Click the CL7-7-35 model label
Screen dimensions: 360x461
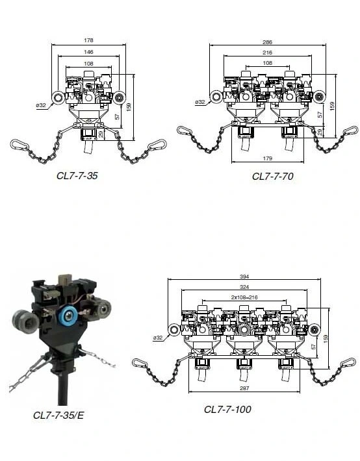point(77,176)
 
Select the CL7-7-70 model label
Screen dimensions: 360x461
point(272,176)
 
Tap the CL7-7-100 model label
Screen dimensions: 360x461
point(227,409)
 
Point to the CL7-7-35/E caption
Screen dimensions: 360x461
point(58,416)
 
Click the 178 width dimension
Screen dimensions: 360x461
point(88,40)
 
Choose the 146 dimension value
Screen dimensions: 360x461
point(88,52)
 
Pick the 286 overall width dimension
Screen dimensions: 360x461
point(267,42)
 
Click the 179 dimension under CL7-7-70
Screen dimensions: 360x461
point(267,158)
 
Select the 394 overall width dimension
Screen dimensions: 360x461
point(244,277)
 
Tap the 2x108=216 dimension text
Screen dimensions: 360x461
point(244,297)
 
